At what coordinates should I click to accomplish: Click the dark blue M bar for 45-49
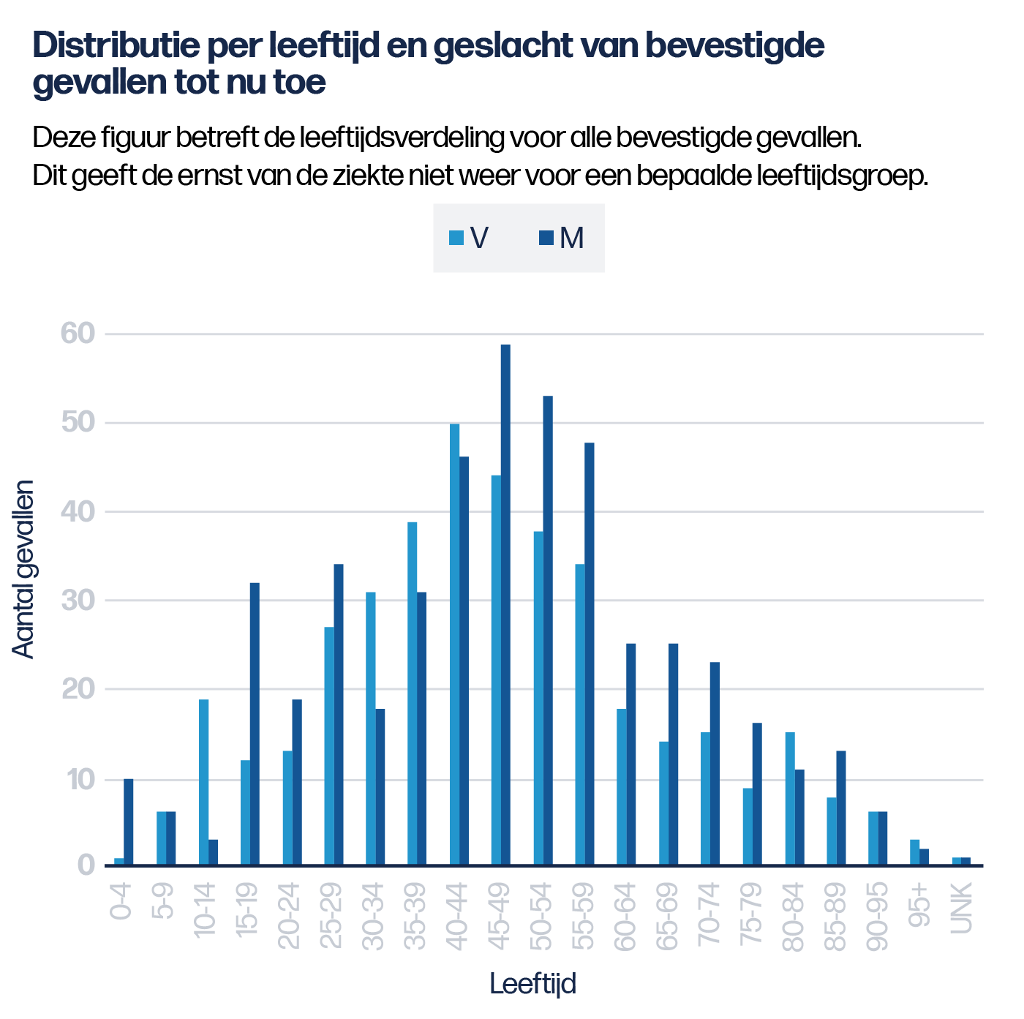505,604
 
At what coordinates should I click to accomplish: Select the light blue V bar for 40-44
454,644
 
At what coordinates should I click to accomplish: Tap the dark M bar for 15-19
255,723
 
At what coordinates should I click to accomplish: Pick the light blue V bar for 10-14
203,782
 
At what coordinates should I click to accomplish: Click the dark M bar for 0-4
129,821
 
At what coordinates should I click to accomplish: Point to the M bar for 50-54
548,630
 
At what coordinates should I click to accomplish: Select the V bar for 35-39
413,693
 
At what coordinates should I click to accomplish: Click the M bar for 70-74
715,763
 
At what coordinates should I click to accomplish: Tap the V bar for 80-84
790,798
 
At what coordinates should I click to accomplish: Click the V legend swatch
456,238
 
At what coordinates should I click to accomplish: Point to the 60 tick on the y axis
78,334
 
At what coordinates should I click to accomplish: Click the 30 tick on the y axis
78,601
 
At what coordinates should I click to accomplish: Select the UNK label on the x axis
962,908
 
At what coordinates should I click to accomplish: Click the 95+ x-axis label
920,905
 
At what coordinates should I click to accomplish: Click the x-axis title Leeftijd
532,984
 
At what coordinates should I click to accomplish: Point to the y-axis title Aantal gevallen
23,569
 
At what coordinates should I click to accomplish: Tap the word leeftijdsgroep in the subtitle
842,176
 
